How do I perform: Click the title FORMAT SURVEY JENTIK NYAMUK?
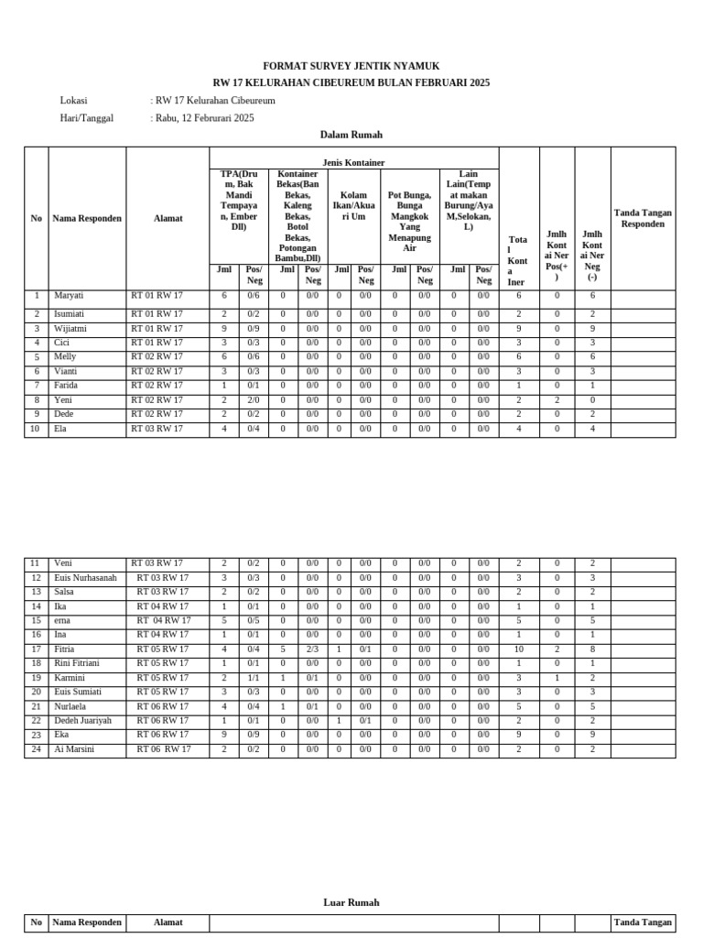351,66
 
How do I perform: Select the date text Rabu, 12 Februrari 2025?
204,117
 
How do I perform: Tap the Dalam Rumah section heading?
351,135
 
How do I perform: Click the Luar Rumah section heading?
351,902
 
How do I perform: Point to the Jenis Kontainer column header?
354,162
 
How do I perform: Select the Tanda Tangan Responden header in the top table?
643,218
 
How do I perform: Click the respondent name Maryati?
69,296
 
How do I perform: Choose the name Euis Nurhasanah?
86,578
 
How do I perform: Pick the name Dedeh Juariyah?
83,721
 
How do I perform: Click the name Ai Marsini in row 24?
74,749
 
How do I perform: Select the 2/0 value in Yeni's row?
254,400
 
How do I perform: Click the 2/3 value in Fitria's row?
312,649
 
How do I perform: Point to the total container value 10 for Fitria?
519,649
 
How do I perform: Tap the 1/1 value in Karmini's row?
254,678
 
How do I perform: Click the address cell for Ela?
157,429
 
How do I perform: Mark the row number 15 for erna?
36,621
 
